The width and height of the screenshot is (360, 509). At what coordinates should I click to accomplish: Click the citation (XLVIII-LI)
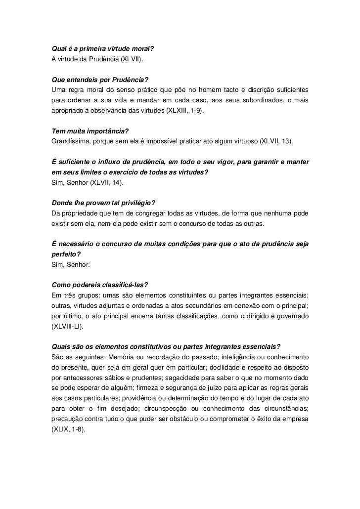click(68, 327)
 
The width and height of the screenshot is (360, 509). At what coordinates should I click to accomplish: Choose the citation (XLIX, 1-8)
click(68, 429)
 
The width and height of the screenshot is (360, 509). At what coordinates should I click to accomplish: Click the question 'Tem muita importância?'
click(90, 131)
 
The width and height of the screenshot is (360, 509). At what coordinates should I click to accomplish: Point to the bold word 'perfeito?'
click(66, 254)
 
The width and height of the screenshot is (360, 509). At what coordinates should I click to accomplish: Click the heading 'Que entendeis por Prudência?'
click(100, 80)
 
